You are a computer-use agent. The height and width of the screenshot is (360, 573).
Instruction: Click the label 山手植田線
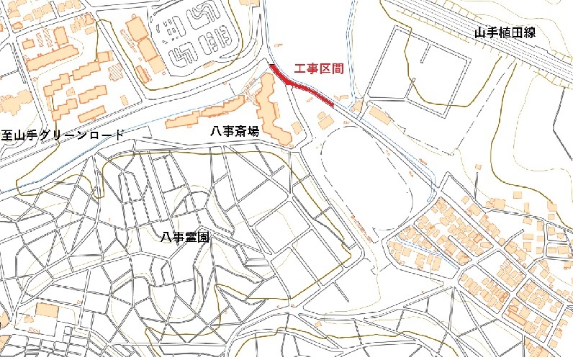pos(505,32)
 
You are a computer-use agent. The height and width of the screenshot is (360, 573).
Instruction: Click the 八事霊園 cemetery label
pos(185,236)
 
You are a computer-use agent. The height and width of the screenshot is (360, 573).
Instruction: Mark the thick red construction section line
pos(302,87)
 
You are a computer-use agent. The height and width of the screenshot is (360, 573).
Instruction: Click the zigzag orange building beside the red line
pos(274,112)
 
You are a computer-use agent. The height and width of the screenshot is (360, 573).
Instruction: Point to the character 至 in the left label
pos(7,135)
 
